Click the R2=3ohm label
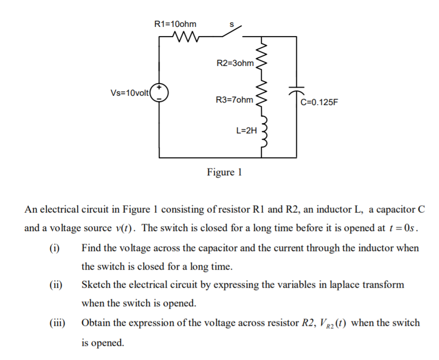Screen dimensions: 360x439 coord(235,63)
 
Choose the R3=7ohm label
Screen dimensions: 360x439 coord(235,100)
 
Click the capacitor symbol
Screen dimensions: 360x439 coord(296,91)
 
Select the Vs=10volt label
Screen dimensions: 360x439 coord(130,93)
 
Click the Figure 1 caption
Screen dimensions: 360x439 coord(224,172)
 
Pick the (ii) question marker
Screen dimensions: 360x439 coord(55,285)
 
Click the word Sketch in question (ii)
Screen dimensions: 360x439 coord(96,285)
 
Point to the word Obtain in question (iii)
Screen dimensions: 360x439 coord(97,323)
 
